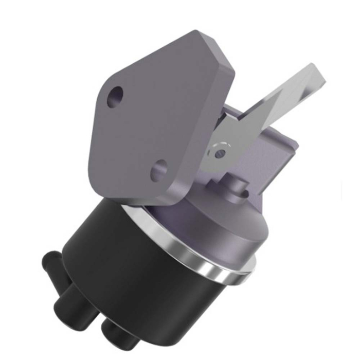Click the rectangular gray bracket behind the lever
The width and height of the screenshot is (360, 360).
[273, 154]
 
